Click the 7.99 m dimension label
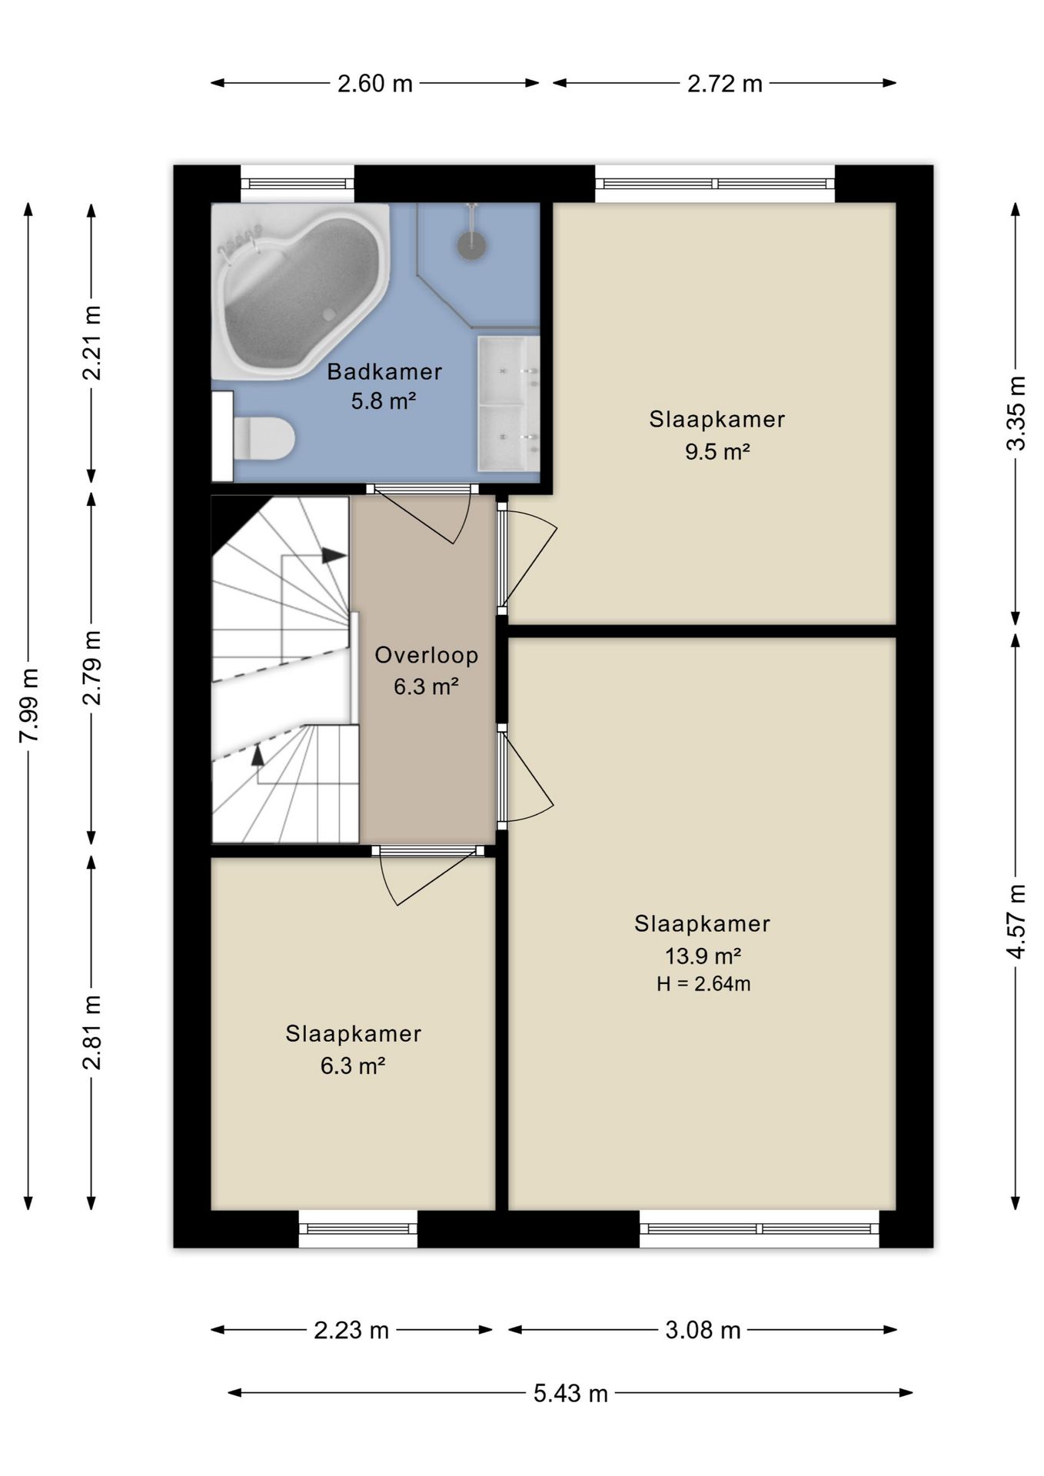coord(28,705)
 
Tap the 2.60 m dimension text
coord(375,83)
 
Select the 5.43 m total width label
coord(570,1392)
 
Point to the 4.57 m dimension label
coord(1016,921)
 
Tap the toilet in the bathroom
coord(264,438)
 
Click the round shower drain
coord(471,244)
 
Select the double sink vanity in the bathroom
coord(508,403)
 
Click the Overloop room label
coord(427,655)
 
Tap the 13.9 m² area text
coord(703,956)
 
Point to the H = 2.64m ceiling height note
coord(703,984)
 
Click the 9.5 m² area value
coord(717,451)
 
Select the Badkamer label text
coord(384,371)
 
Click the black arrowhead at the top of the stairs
coord(334,555)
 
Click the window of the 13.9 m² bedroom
coord(760,1228)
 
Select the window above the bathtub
coord(298,184)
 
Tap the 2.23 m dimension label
coord(351,1330)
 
